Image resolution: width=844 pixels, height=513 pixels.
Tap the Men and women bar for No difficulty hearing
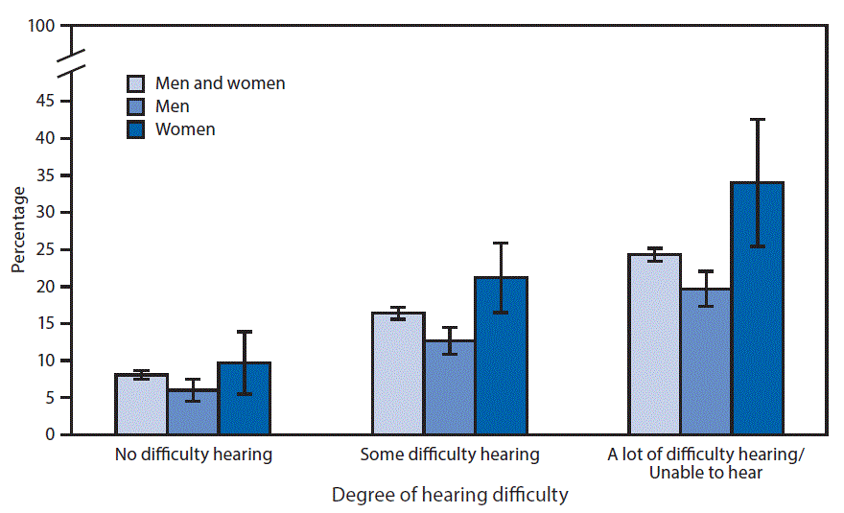click(x=141, y=405)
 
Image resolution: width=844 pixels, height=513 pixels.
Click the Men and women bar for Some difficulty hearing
click(x=398, y=374)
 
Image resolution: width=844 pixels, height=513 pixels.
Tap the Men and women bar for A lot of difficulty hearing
click(x=655, y=345)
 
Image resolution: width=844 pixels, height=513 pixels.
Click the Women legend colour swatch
click(x=136, y=129)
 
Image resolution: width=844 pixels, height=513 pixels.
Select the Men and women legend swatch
click(x=136, y=83)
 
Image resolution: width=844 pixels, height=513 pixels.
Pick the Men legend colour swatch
click(x=136, y=106)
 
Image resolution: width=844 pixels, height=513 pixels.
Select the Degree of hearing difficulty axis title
click(x=450, y=496)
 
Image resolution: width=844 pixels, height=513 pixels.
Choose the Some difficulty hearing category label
click(x=450, y=455)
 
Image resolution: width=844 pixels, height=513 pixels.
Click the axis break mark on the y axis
click(x=71, y=60)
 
